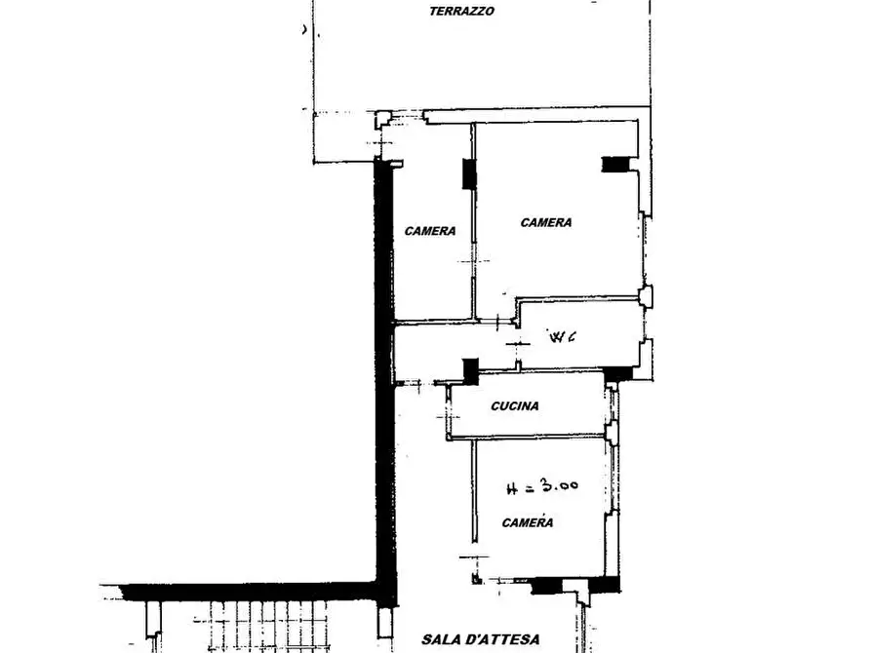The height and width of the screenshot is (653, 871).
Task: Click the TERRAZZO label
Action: point(461,11)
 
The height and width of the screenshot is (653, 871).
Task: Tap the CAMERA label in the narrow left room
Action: point(430,231)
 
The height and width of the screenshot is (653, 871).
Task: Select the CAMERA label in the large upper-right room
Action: point(546,222)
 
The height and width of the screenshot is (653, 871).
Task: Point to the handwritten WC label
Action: point(562,336)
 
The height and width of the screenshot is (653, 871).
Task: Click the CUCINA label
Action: point(515,406)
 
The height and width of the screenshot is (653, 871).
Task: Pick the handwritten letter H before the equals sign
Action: point(512,489)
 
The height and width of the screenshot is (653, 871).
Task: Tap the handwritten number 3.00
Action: point(560,485)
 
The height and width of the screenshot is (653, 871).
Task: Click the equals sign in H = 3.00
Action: point(529,488)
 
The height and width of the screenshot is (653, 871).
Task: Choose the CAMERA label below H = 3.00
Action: point(527,523)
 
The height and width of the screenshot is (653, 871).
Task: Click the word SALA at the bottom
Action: point(443,639)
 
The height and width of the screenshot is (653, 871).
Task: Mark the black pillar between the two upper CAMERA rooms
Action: point(469,174)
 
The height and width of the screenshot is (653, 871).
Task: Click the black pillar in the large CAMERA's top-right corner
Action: point(615,165)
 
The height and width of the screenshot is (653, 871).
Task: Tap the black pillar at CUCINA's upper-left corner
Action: point(470,371)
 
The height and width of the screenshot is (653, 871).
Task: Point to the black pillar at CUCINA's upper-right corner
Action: point(617,373)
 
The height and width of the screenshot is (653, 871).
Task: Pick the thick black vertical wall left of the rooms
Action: point(384,377)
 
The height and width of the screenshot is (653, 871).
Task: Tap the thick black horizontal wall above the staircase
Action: point(249,592)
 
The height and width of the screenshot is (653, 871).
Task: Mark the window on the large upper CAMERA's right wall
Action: point(645,250)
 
